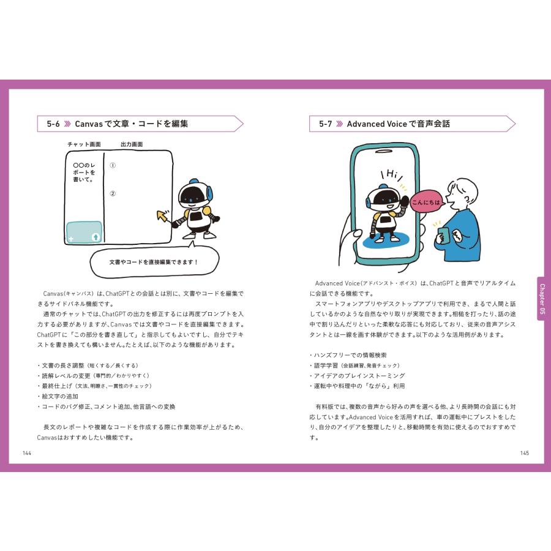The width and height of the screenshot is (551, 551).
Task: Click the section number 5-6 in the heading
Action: click(x=53, y=124)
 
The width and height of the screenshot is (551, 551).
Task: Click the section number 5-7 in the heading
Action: click(x=325, y=124)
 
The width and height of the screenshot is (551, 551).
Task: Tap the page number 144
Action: click(x=26, y=453)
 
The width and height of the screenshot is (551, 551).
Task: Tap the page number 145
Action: click(x=524, y=453)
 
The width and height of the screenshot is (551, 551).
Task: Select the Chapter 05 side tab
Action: click(x=541, y=300)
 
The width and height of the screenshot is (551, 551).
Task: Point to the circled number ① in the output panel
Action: click(x=113, y=165)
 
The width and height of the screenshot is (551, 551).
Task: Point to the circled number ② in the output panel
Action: click(x=113, y=194)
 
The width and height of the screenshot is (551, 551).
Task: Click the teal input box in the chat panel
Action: click(x=84, y=232)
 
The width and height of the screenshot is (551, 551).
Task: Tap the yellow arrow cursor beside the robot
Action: click(x=163, y=216)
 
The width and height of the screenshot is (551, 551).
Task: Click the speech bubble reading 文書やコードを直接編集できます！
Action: click(x=154, y=262)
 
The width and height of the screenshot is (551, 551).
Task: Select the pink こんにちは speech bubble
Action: click(x=426, y=203)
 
